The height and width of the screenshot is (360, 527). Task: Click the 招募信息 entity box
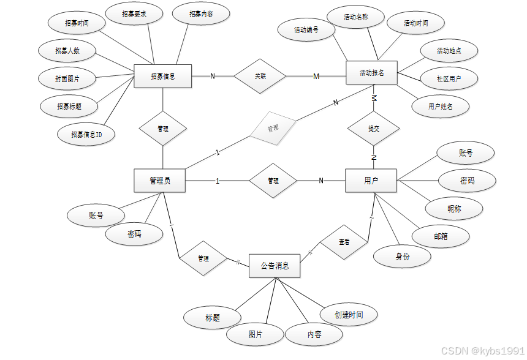(x=162, y=77)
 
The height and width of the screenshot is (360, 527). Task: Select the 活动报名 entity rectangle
(x=372, y=73)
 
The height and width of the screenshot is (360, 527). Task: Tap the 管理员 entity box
(x=159, y=181)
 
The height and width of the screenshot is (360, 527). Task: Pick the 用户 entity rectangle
(x=371, y=181)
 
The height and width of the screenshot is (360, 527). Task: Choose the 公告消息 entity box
(x=275, y=266)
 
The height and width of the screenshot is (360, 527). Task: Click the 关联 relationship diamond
(x=260, y=76)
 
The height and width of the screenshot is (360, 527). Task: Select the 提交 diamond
(x=373, y=129)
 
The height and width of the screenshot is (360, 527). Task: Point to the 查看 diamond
(x=344, y=242)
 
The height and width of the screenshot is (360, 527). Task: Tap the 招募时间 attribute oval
(x=77, y=23)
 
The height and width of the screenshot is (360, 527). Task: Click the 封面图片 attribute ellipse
(x=67, y=78)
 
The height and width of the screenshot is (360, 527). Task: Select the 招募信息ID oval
(x=86, y=133)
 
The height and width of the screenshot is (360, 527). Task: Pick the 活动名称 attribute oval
(x=355, y=18)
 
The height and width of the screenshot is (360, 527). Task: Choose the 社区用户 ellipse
(x=449, y=78)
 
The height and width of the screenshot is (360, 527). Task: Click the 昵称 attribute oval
(x=454, y=209)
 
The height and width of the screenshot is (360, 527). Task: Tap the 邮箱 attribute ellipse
(x=440, y=236)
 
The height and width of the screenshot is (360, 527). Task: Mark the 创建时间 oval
(x=349, y=314)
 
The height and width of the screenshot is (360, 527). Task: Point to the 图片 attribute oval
(x=256, y=334)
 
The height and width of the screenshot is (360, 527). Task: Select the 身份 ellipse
(x=402, y=257)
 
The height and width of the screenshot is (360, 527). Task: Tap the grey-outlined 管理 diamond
(x=273, y=128)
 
